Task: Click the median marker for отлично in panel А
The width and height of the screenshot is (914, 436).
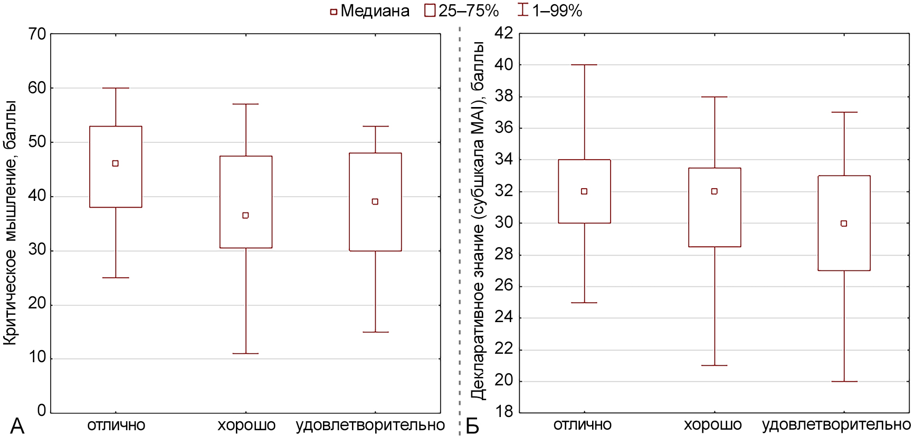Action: (116, 163)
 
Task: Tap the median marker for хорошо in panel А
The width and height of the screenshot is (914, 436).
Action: (245, 215)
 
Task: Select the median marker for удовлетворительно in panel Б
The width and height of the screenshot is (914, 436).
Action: (844, 224)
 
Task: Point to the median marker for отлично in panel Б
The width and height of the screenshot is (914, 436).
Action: (584, 191)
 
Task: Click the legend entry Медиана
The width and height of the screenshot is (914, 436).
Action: (369, 11)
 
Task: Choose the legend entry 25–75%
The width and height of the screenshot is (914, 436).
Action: (462, 11)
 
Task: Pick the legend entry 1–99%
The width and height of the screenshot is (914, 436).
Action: (550, 11)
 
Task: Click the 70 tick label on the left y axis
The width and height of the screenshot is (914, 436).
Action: (37, 34)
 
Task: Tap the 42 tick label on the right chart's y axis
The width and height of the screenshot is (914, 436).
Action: (503, 33)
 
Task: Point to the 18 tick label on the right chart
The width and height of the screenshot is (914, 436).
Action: (503, 412)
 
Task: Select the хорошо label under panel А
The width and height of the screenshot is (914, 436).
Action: (246, 425)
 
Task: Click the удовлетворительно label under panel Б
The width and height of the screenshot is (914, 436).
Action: (836, 424)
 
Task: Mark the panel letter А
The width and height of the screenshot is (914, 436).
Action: (17, 426)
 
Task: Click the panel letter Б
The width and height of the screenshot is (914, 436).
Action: (472, 426)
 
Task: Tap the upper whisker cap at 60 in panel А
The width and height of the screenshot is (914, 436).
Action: (116, 88)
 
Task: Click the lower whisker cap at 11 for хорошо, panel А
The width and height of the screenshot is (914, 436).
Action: (245, 353)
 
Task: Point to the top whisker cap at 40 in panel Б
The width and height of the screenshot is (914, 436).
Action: (584, 65)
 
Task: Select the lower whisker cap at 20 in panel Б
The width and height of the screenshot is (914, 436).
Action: (844, 381)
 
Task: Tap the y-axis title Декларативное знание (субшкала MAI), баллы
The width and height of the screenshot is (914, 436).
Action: (478, 221)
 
